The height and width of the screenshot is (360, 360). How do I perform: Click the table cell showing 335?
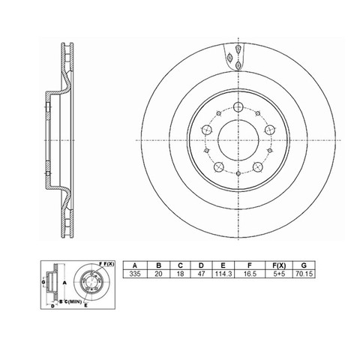coord(135,274)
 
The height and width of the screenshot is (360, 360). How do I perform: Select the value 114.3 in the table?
coord(223,274)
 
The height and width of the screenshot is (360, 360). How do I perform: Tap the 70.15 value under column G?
coord(304,274)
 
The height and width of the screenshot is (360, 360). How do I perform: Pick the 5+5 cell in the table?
coord(279,274)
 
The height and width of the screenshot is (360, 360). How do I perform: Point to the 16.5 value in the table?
coord(250,274)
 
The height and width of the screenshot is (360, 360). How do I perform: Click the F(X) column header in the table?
coord(279,265)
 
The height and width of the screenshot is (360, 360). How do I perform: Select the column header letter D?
coord(201,265)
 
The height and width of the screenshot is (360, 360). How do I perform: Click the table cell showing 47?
coord(201,274)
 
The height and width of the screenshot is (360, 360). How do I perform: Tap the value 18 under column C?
coord(180,274)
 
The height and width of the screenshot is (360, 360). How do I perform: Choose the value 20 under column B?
coord(158,274)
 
